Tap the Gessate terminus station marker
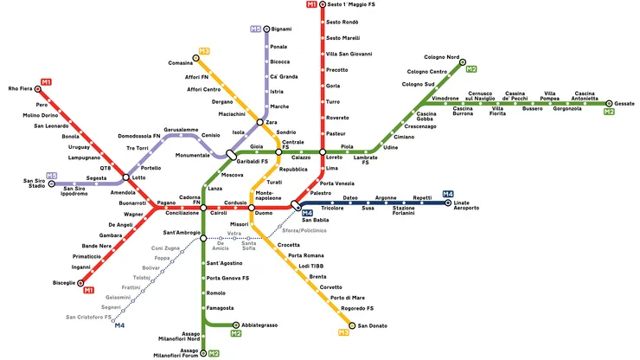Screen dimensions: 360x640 (x=609, y=103)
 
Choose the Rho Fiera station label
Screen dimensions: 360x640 (x=20, y=89)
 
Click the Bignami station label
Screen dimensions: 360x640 (x=281, y=29)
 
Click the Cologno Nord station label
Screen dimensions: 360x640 (x=441, y=57)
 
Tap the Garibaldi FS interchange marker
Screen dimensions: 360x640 (x=232, y=154)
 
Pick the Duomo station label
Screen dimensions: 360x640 (x=264, y=214)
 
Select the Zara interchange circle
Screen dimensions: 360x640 (x=260, y=123)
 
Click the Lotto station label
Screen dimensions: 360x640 (x=139, y=177)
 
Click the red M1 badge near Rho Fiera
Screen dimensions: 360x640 (x=46, y=82)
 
